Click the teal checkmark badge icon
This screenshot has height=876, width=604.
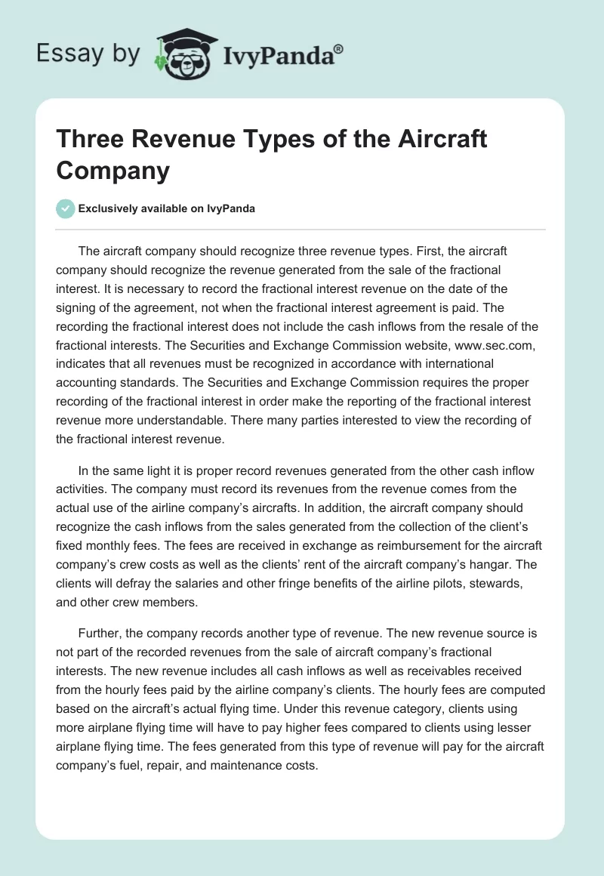(x=66, y=208)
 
